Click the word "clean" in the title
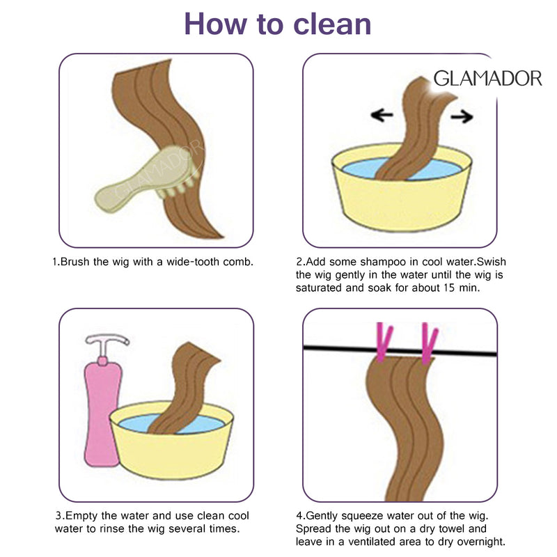coord(333,24)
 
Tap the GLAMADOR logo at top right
coord(488,79)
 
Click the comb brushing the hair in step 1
coord(146,179)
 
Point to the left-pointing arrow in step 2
coord(382,115)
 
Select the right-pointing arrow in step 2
coord(462,116)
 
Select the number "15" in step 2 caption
coord(449,288)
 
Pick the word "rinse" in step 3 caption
coord(112,529)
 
